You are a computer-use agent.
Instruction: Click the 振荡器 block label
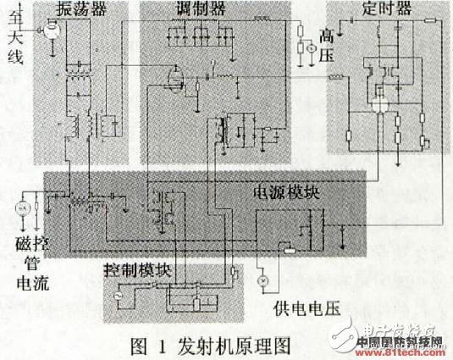tap(82, 11)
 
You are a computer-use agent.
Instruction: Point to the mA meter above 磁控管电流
tap(23, 208)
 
